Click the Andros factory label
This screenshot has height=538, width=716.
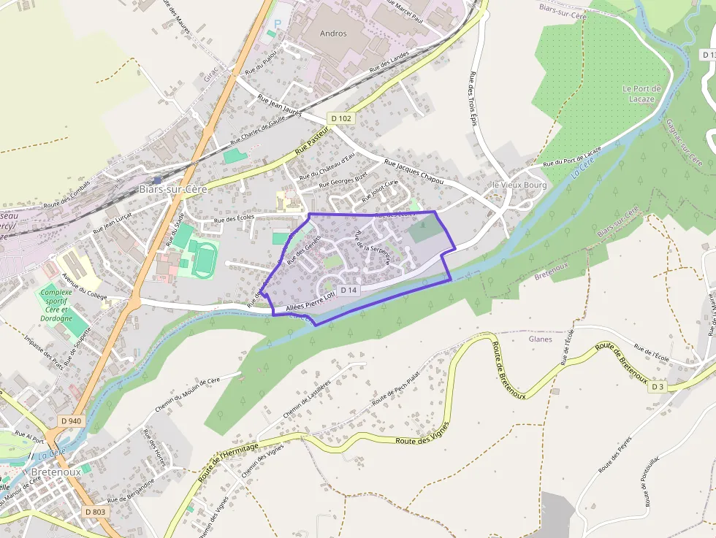click(x=334, y=33)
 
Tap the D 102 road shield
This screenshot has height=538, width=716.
click(x=340, y=118)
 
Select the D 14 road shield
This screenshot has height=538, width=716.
click(x=349, y=291)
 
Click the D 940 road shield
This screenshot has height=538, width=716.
click(x=71, y=421)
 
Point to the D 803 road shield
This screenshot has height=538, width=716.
click(x=95, y=512)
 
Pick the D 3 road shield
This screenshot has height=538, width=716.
click(x=656, y=387)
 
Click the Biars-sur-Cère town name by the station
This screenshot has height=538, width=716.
click(x=173, y=189)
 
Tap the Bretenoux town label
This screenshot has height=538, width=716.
click(x=50, y=472)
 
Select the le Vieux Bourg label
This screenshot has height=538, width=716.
click(x=519, y=185)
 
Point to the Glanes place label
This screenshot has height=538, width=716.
click(x=540, y=339)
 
